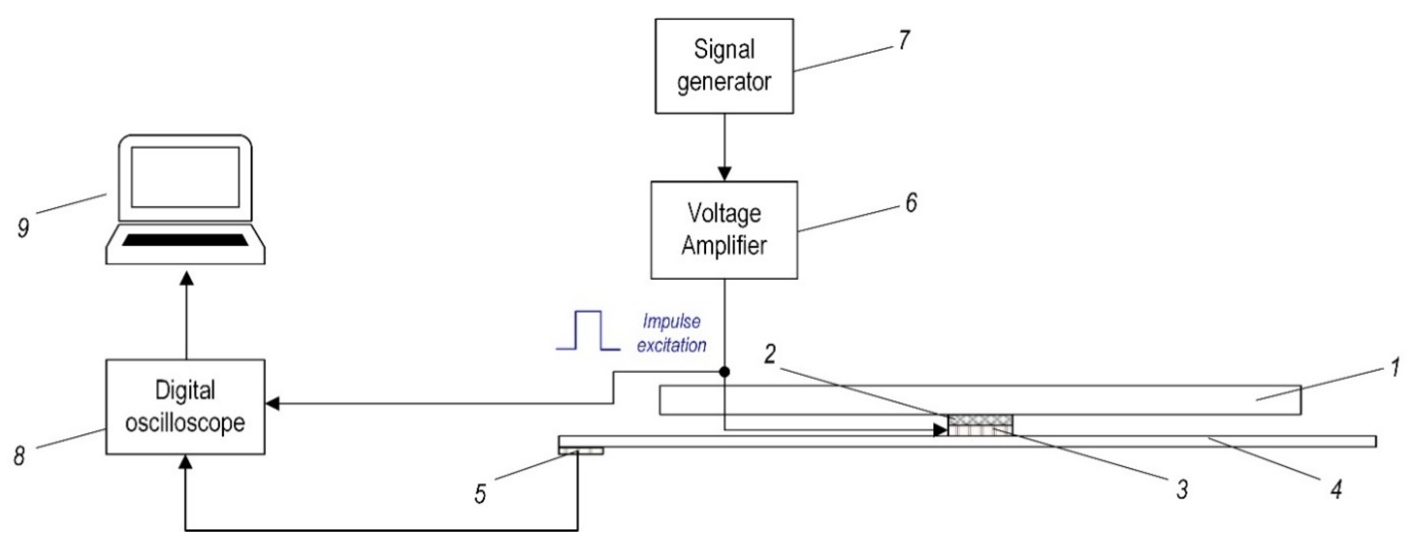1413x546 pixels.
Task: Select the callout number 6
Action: pos(911,203)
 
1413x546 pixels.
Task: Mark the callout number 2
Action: pos(770,355)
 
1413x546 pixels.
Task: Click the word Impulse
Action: pos(671,321)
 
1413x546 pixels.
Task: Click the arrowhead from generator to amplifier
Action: pos(724,174)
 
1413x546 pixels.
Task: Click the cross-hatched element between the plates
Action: pos(980,421)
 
